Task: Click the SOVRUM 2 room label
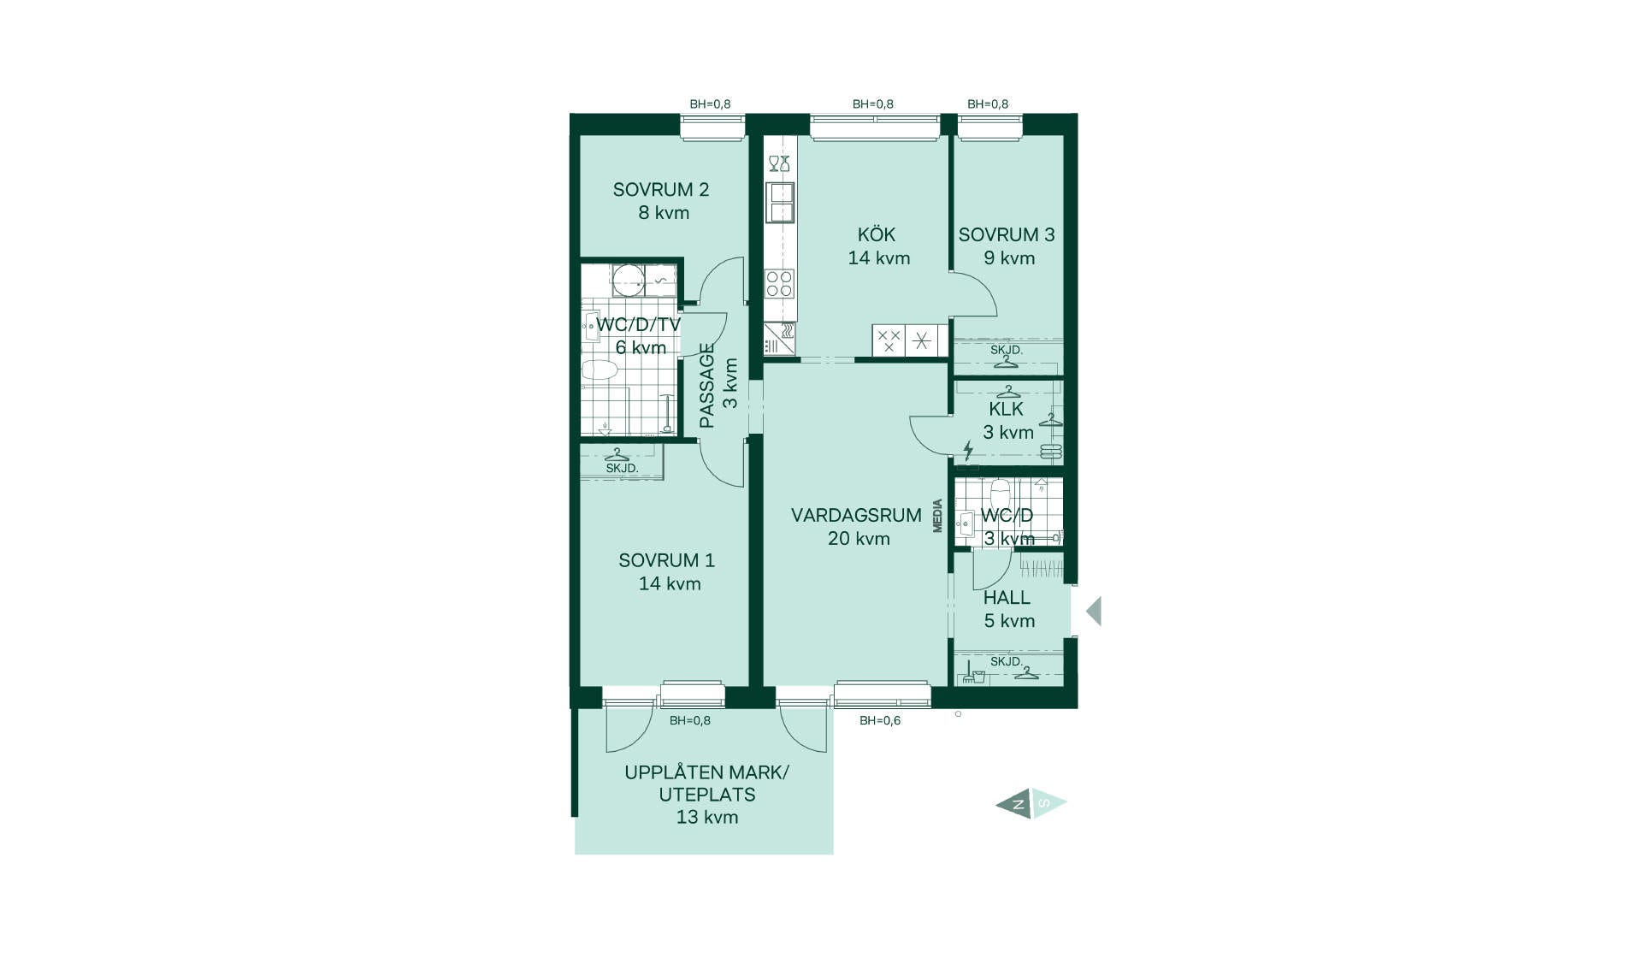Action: pyautogui.click(x=661, y=190)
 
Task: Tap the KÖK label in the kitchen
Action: pyautogui.click(x=877, y=234)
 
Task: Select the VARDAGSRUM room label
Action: pyautogui.click(x=856, y=515)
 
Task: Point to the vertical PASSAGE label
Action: pyautogui.click(x=707, y=385)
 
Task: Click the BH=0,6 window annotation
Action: pyautogui.click(x=880, y=720)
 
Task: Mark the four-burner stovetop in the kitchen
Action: pyautogui.click(x=779, y=283)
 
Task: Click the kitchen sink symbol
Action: pyautogui.click(x=781, y=203)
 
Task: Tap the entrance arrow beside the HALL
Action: pyautogui.click(x=1094, y=612)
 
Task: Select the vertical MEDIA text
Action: pyautogui.click(x=938, y=516)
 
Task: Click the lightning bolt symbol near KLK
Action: pyautogui.click(x=968, y=451)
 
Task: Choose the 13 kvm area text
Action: pyautogui.click(x=707, y=817)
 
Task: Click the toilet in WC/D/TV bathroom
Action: pyautogui.click(x=600, y=370)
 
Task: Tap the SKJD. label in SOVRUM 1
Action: pyautogui.click(x=622, y=469)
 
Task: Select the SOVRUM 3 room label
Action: pyautogui.click(x=1007, y=234)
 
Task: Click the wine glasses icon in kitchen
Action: pyautogui.click(x=779, y=163)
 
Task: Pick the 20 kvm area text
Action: pyautogui.click(x=859, y=538)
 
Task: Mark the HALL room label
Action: pyautogui.click(x=1007, y=597)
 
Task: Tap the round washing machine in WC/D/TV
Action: pyautogui.click(x=629, y=281)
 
